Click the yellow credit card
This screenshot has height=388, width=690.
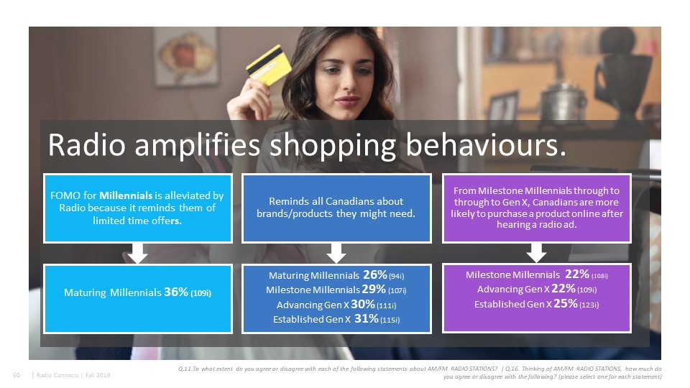click(x=269, y=65)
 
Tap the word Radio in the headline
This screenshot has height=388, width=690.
click(x=87, y=144)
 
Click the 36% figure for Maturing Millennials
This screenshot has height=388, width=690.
click(x=176, y=292)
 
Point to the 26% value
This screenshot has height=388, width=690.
click(x=375, y=275)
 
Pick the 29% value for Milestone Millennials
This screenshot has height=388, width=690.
click(x=374, y=290)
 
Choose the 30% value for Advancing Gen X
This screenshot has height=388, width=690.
click(x=362, y=305)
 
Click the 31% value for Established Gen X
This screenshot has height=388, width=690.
click(x=366, y=318)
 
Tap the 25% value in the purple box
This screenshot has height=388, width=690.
click(x=566, y=303)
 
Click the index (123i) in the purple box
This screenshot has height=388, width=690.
click(x=589, y=305)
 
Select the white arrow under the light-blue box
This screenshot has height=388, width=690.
click(x=138, y=253)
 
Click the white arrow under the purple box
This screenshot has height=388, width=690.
click(x=536, y=252)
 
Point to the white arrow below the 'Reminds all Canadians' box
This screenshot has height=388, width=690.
click(x=336, y=253)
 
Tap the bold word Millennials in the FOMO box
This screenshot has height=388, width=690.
click(x=126, y=195)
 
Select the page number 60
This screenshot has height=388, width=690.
click(x=17, y=375)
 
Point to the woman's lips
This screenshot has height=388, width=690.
click(x=348, y=101)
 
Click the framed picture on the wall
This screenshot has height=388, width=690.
click(x=185, y=56)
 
